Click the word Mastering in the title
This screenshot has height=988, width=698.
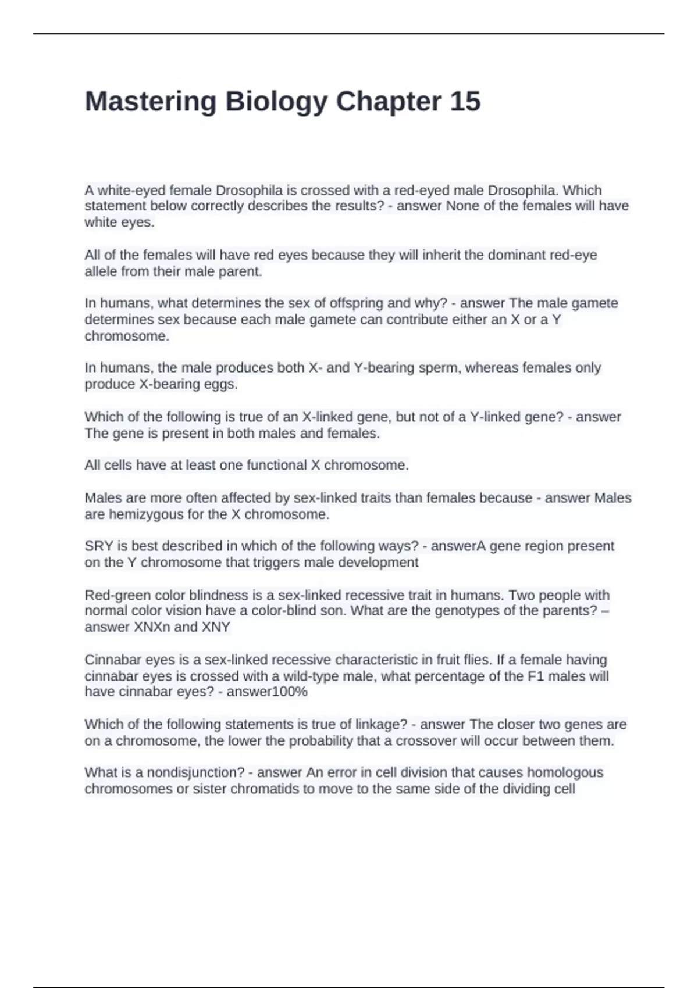pos(151,102)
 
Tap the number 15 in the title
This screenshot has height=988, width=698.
pos(465,102)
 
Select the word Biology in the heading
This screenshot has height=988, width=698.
pos(276,102)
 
